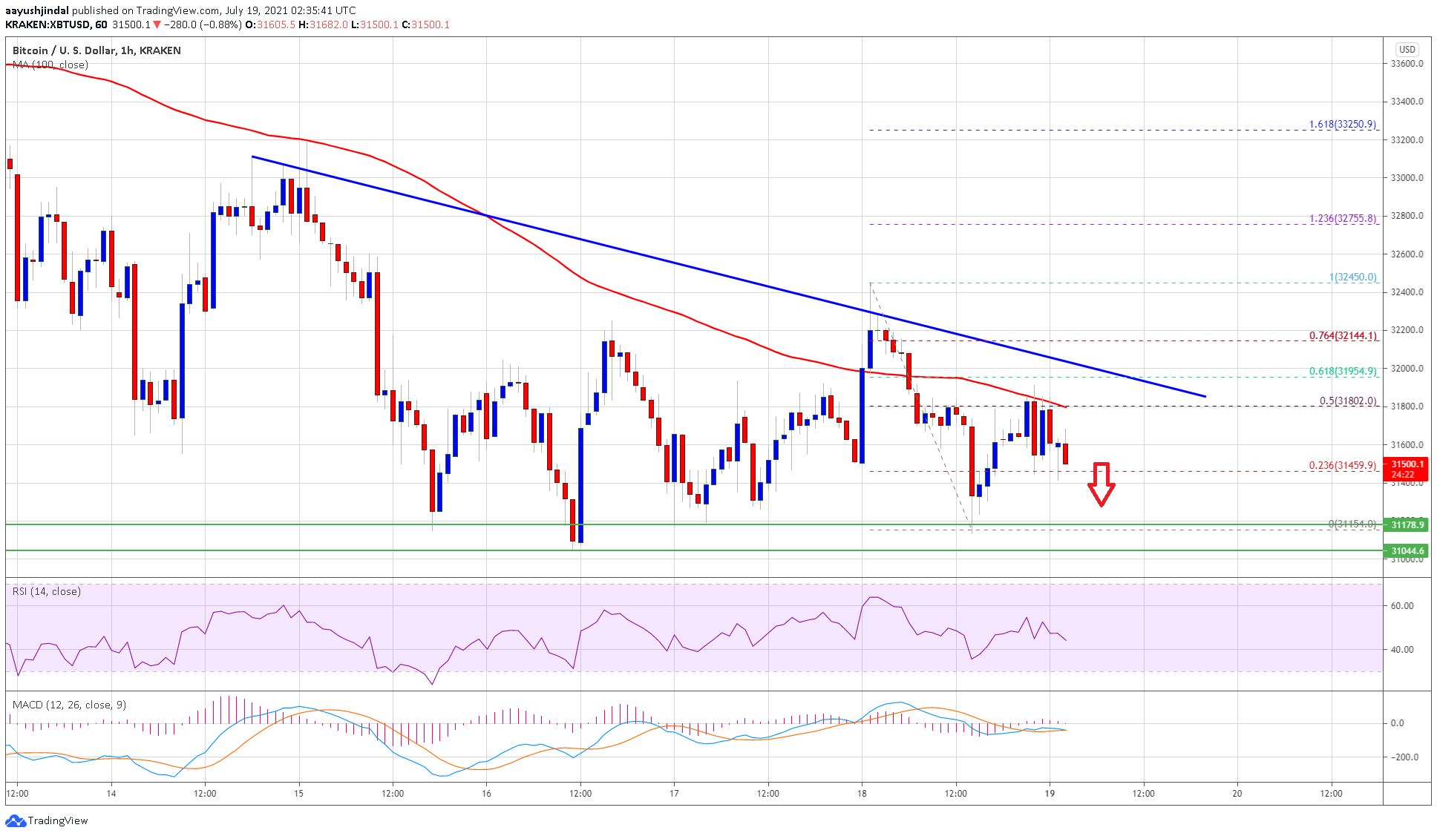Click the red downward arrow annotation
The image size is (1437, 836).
click(x=1101, y=484)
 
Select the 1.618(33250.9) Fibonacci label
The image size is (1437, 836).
click(x=1342, y=125)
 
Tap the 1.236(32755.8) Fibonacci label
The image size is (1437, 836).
click(x=1342, y=219)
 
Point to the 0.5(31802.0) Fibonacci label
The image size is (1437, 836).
click(x=1347, y=401)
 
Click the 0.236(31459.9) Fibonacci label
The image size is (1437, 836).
click(x=1342, y=466)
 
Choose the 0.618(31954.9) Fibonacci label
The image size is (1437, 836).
click(x=1342, y=371)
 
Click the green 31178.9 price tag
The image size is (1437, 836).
click(x=1407, y=524)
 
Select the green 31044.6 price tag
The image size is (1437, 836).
click(x=1407, y=550)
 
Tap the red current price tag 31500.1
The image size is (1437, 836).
click(x=1407, y=469)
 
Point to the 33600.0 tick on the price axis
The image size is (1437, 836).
click(x=1407, y=64)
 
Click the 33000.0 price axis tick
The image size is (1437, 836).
click(x=1407, y=178)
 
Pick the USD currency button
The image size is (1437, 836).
click(x=1407, y=50)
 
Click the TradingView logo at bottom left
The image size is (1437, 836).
click(x=47, y=820)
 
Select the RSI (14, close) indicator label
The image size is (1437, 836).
click(x=46, y=591)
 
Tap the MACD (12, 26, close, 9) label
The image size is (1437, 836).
click(x=69, y=705)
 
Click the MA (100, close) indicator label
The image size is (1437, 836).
click(x=50, y=65)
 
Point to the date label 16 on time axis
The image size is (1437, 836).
click(x=486, y=793)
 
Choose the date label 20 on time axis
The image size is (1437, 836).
click(x=1237, y=793)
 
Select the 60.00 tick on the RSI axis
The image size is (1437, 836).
click(x=1402, y=606)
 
